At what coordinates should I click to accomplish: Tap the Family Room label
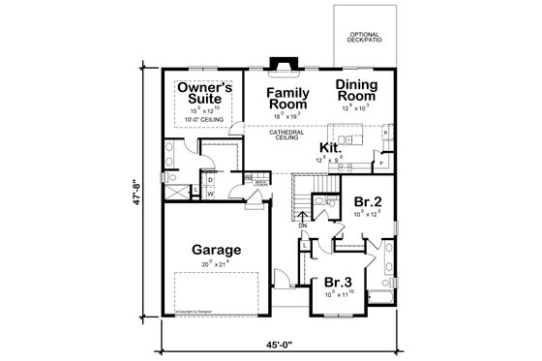coord(287,98)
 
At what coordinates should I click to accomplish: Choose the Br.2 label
coord(367,202)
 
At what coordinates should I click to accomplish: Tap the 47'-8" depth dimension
coord(143,196)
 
